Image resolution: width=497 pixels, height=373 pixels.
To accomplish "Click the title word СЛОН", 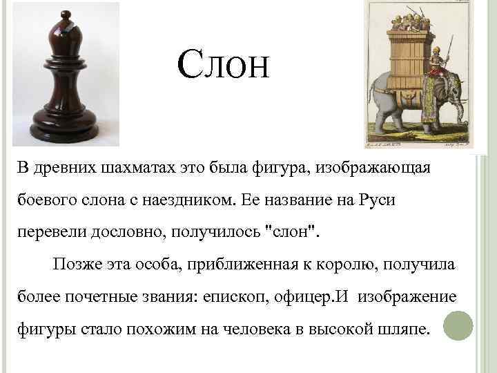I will [222, 66].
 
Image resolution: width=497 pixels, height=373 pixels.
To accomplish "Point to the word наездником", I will [189, 200].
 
